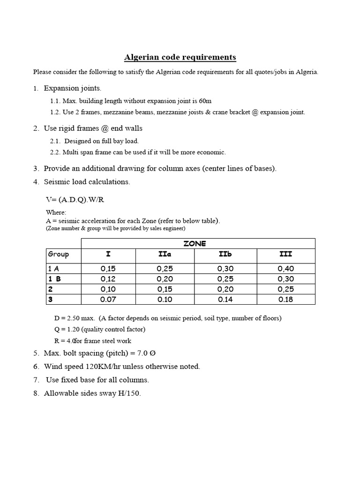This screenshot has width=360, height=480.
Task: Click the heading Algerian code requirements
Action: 180,58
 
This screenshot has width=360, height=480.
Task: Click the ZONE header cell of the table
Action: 198,244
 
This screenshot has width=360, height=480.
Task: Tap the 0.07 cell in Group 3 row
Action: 108,299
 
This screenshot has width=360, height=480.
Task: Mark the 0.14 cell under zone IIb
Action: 225,299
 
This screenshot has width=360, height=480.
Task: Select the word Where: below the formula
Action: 56,213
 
